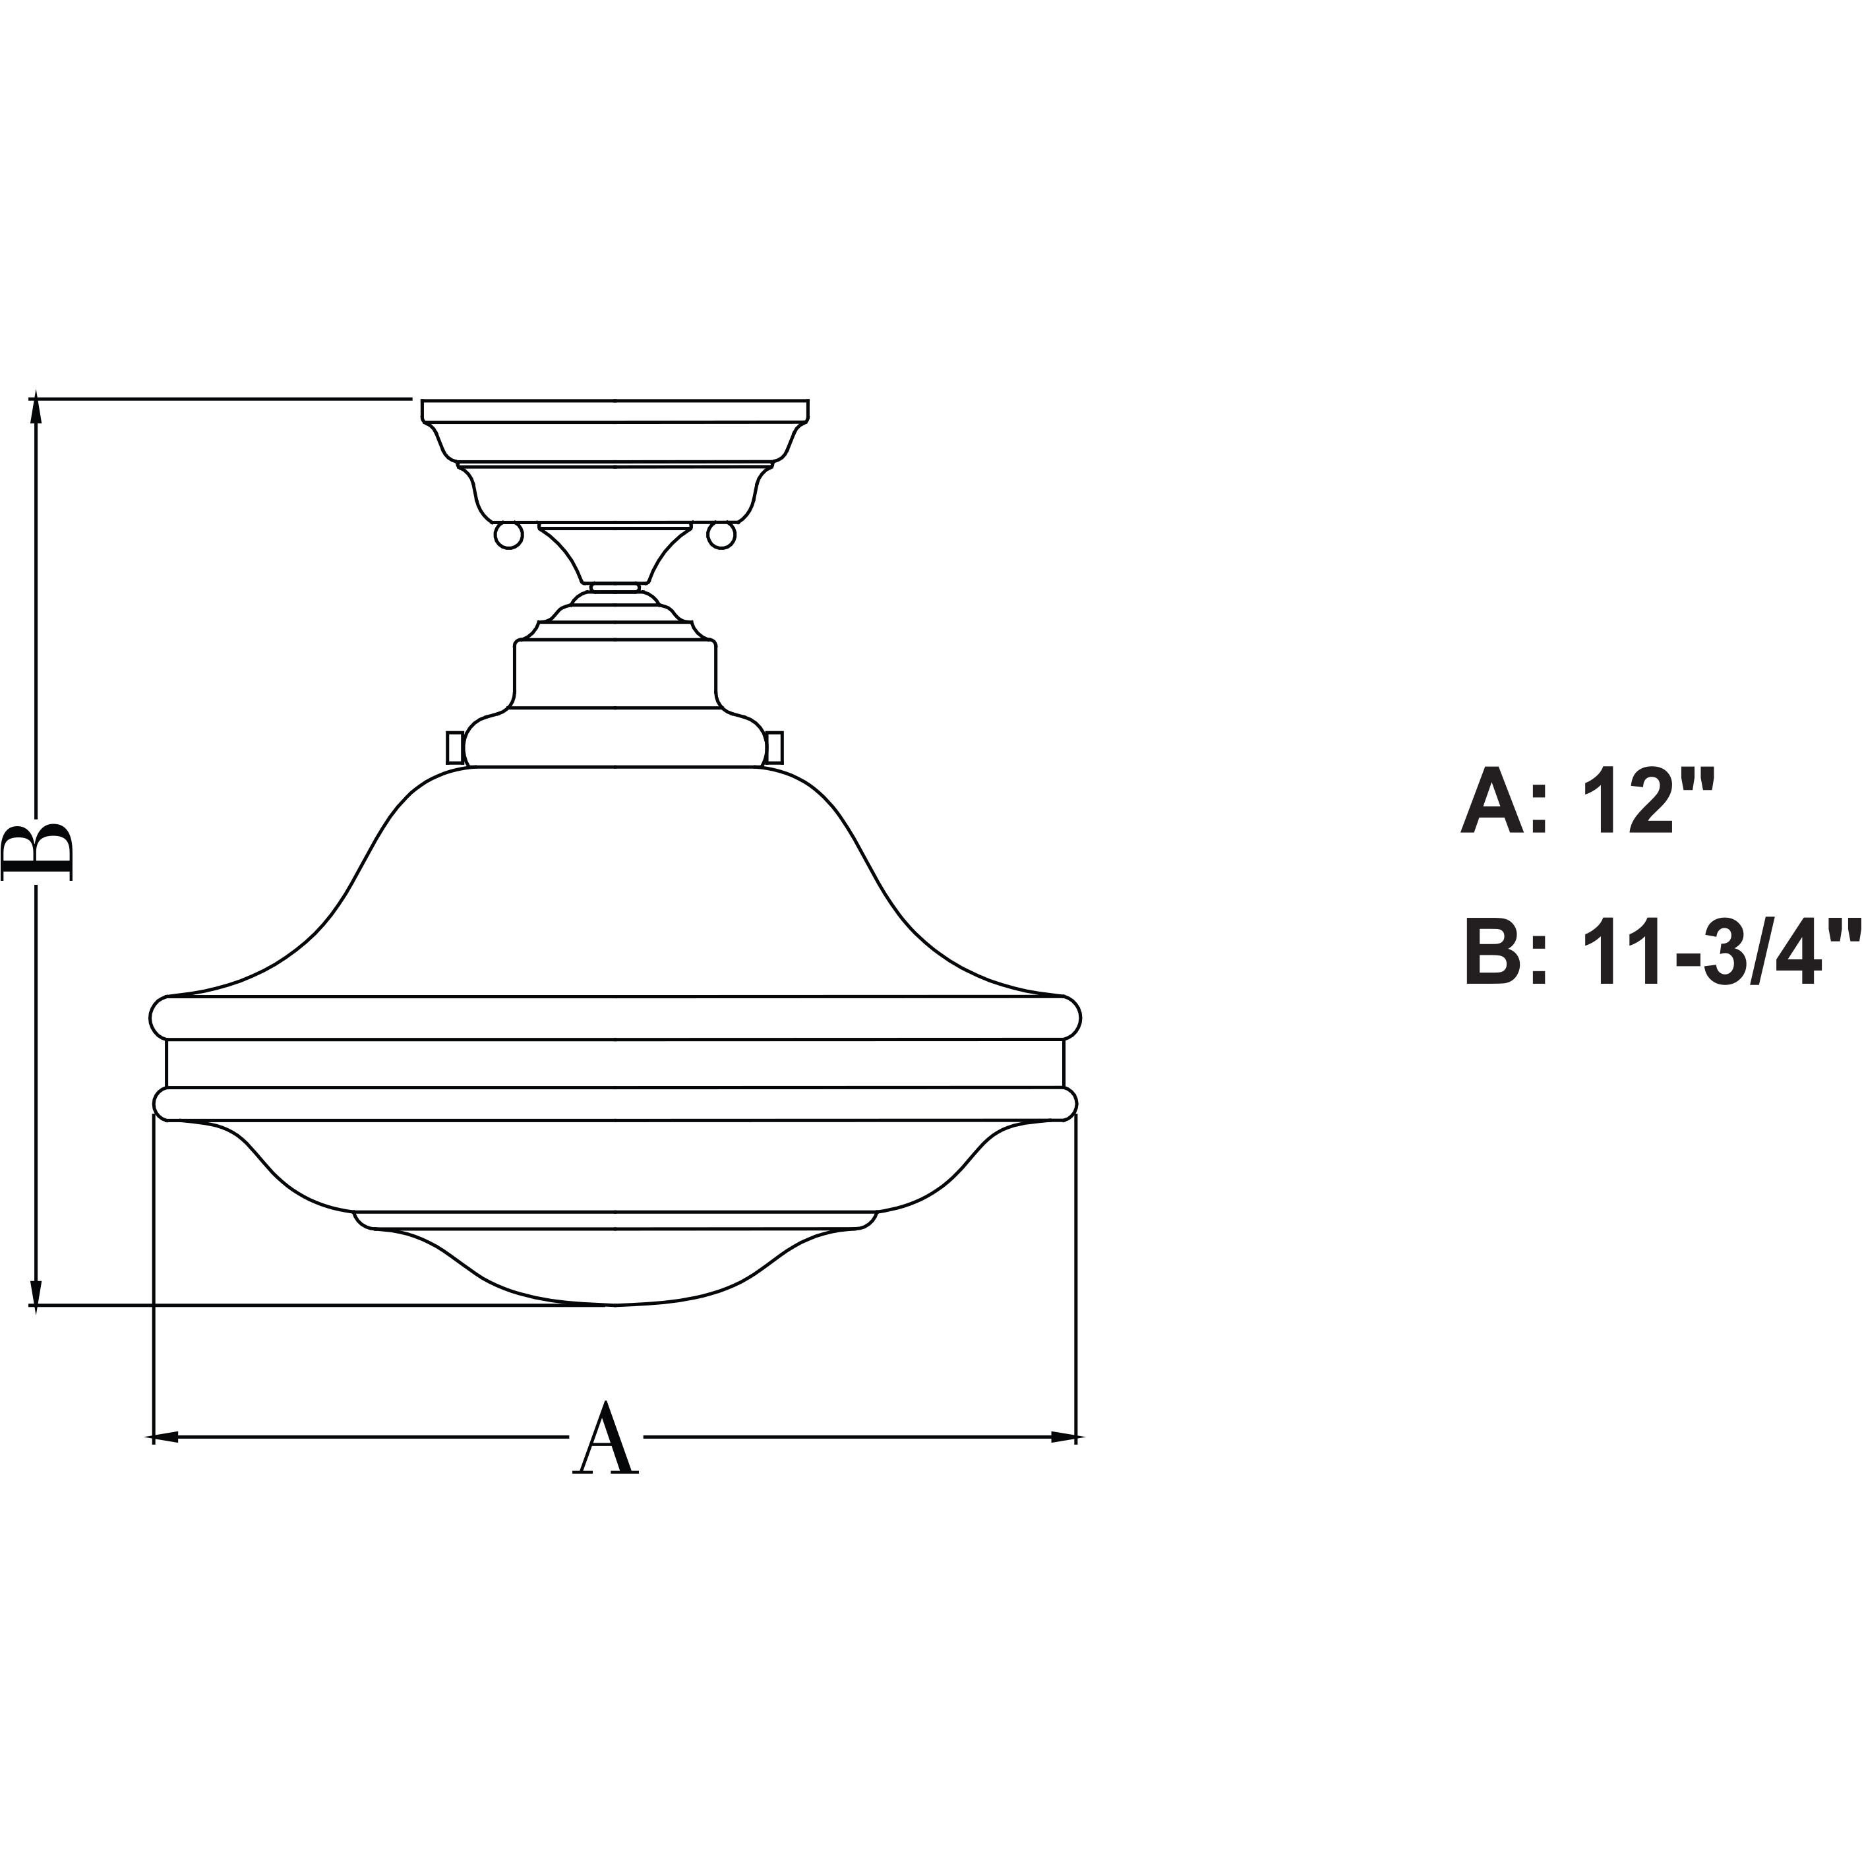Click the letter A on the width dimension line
[606, 1440]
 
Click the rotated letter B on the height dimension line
[38, 851]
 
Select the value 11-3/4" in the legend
[1708, 954]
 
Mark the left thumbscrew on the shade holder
[452, 746]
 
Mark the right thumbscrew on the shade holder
[776, 746]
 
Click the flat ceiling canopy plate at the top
[615, 411]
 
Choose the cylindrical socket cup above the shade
[615, 675]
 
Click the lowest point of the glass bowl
[615, 1304]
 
